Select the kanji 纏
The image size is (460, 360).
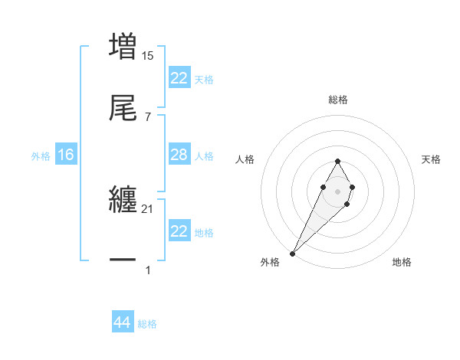(x=123, y=199)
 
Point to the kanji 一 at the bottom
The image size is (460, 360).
(x=123, y=260)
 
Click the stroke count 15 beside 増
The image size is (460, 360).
(x=148, y=56)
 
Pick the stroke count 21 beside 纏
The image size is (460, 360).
(x=148, y=209)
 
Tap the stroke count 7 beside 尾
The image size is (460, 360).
(x=148, y=117)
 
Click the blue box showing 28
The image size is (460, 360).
(x=179, y=155)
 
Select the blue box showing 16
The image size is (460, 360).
(x=66, y=155)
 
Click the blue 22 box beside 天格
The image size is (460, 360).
(x=179, y=78)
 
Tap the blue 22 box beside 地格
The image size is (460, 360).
(x=179, y=231)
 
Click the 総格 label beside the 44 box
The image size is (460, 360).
(x=147, y=324)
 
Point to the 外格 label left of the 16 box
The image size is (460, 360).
(x=41, y=155)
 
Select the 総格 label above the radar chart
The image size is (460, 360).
(x=337, y=100)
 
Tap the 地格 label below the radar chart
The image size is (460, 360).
(x=402, y=262)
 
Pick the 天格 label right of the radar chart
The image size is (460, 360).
(x=431, y=159)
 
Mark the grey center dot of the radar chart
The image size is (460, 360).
(x=337, y=191)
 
